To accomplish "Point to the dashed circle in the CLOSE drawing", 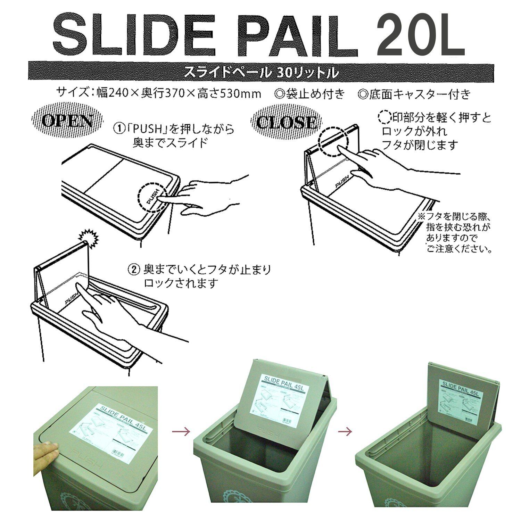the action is (333, 143).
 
